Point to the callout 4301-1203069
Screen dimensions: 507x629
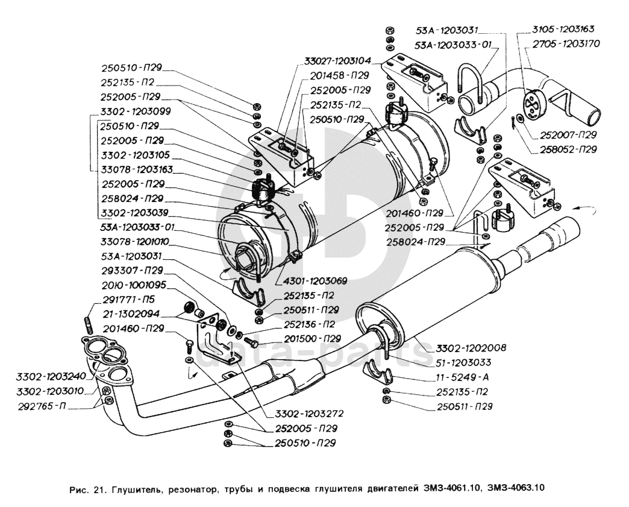[x=313, y=282]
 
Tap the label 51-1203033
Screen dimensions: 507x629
[x=461, y=363]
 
